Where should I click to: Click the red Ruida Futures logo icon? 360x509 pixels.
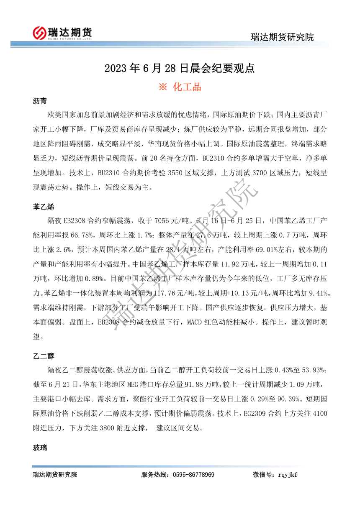pos(39,32)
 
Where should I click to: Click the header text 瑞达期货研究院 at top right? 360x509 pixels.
pos(282,37)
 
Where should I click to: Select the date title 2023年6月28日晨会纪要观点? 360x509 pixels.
pos(180,68)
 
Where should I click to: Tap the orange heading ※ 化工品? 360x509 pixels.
pos(180,87)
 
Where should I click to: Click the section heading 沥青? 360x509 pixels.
pos(40,101)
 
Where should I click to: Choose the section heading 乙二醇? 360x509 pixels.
pos(43,356)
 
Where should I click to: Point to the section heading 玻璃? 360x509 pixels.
pos(40,448)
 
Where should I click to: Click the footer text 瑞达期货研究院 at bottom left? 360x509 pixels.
pos(55,475)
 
